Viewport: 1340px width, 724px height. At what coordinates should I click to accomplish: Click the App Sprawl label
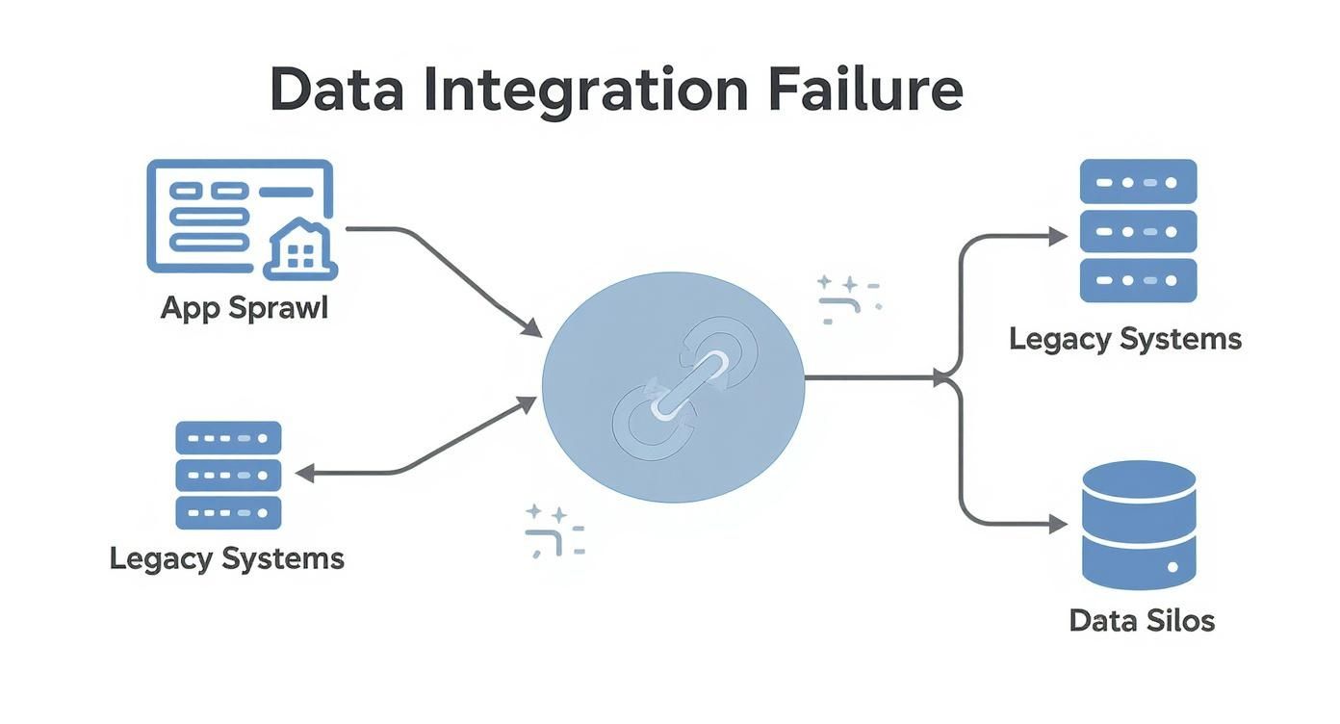(x=244, y=308)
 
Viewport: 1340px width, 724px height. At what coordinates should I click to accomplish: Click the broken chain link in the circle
(x=673, y=385)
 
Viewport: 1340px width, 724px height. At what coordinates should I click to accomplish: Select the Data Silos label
(x=1142, y=620)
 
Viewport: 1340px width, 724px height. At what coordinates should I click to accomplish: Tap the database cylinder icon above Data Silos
(x=1139, y=524)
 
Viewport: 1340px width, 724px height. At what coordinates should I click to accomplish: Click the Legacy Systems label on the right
(x=1125, y=339)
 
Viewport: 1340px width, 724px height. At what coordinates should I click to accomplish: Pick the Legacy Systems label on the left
(x=227, y=558)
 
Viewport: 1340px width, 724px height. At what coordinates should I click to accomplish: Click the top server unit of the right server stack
(x=1138, y=181)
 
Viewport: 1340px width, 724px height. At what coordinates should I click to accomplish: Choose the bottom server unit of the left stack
(x=228, y=512)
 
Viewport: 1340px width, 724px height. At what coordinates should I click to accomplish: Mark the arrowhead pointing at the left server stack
(x=304, y=473)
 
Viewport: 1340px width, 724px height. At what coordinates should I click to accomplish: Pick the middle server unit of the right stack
(x=1138, y=231)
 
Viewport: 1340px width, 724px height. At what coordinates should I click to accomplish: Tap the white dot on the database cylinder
(x=1172, y=567)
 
